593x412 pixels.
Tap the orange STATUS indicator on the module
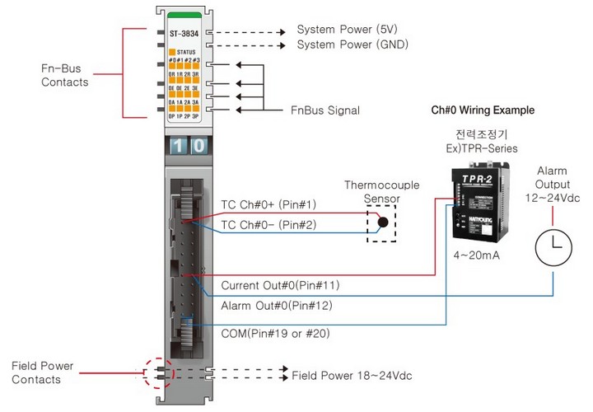173,51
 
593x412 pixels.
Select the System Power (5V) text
347,30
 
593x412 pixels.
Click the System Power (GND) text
352,44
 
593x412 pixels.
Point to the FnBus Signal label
325,110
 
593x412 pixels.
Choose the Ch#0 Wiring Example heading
483,110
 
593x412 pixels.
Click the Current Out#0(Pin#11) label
280,286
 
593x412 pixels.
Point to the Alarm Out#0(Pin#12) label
276,306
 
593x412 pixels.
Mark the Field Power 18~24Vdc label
352,375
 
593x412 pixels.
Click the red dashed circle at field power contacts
157,373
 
